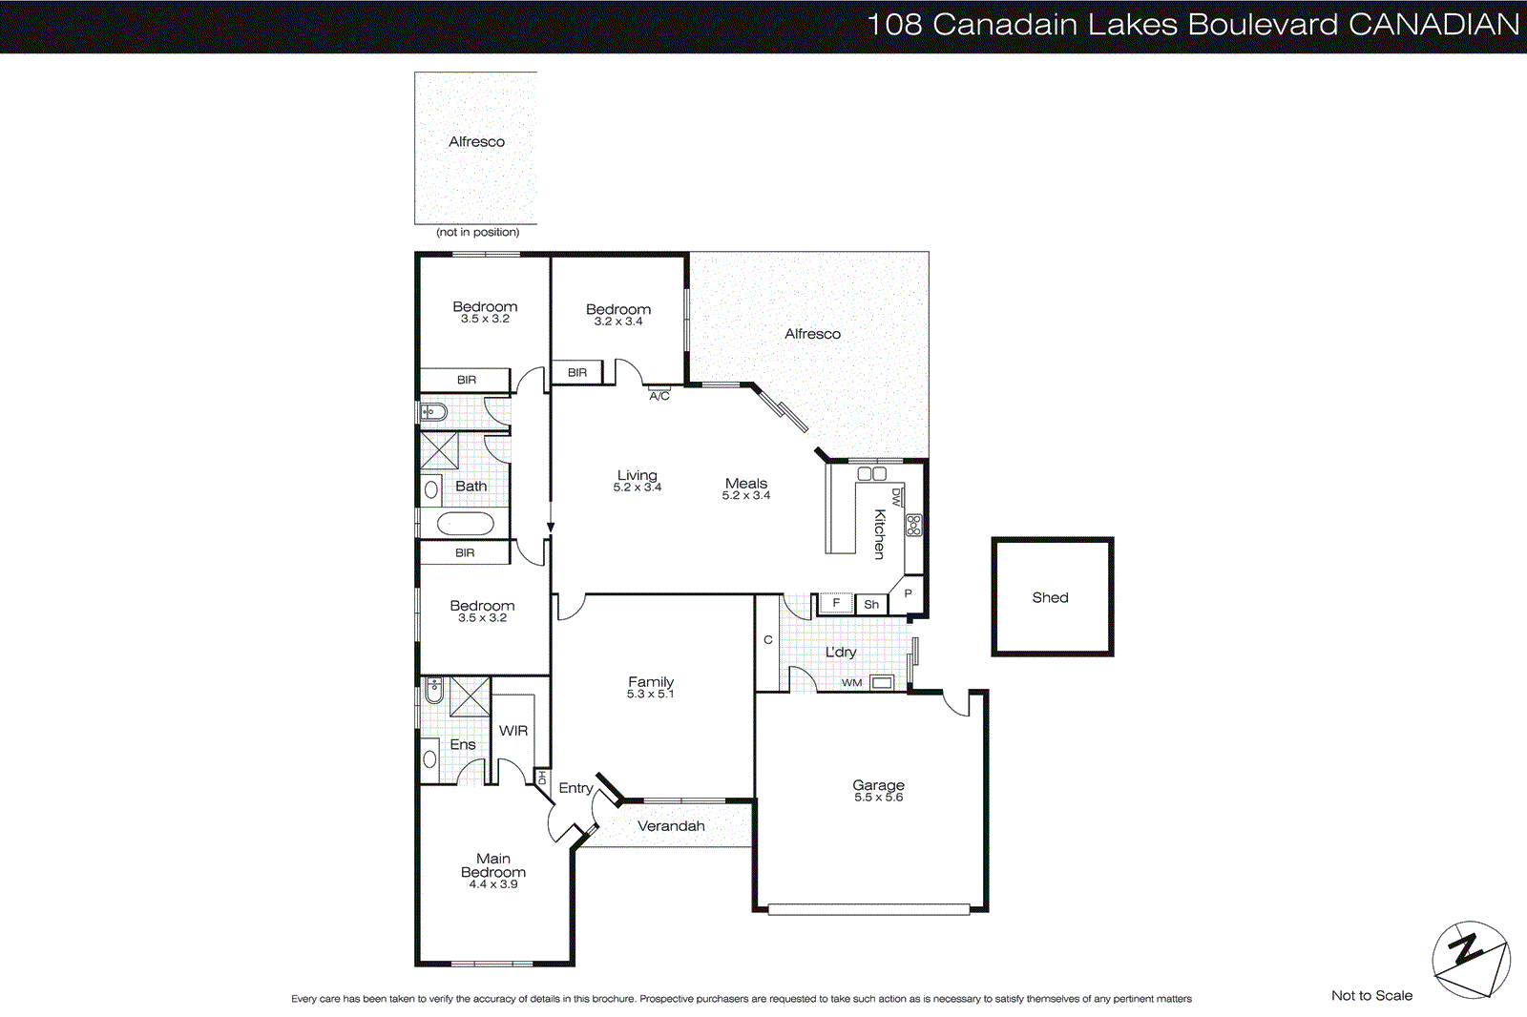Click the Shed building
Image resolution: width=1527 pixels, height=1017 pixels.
[x=1052, y=597]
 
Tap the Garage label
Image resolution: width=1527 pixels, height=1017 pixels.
[x=878, y=785]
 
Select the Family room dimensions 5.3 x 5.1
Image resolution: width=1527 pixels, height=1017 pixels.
[x=650, y=695]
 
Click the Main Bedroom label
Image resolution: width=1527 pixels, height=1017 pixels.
[x=493, y=865]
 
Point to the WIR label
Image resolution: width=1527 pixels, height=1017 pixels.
[x=513, y=731]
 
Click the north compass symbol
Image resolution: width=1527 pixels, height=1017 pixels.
[x=1471, y=959]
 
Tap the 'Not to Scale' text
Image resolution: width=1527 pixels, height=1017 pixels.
[x=1371, y=995]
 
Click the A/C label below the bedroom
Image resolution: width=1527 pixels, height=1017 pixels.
[x=659, y=396]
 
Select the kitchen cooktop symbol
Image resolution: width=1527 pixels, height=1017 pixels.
[x=913, y=525]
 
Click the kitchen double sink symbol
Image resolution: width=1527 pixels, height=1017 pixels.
[x=872, y=473]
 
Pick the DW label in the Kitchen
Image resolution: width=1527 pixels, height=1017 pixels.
[x=896, y=496]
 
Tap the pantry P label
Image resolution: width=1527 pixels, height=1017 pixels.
[x=908, y=593]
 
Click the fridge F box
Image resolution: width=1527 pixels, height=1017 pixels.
[x=836, y=603]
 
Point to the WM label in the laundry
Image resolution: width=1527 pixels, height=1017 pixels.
[x=851, y=683]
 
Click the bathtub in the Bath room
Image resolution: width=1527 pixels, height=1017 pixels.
[x=465, y=524]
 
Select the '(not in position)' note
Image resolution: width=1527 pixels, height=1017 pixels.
[x=477, y=232]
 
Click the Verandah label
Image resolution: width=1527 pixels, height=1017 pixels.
[x=671, y=826]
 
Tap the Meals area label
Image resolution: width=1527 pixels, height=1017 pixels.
[x=745, y=484]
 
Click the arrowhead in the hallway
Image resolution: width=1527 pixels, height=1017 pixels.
[x=551, y=527]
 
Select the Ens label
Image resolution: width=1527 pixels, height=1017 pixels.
[x=463, y=744]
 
